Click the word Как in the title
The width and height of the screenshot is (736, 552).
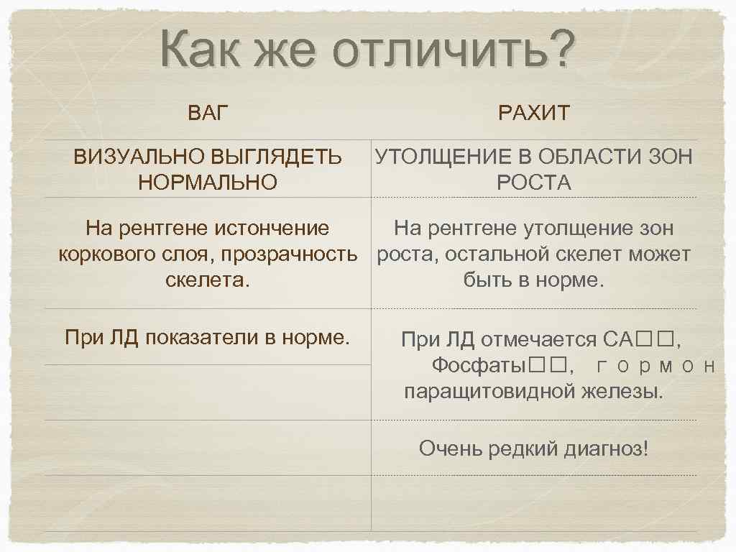pos(204,50)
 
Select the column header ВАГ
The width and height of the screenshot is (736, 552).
pos(208,113)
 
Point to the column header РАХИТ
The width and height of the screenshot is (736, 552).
pos(533,113)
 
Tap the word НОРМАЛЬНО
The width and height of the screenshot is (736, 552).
pos(208,183)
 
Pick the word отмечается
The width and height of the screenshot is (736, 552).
pos(538,339)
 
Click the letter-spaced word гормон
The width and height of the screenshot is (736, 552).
pos(656,366)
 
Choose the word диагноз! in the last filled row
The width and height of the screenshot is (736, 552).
pos(605,449)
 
